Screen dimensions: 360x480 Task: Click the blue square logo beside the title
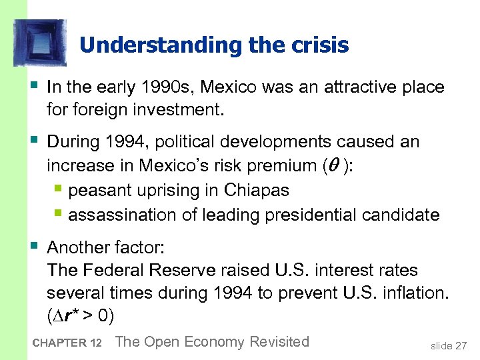pyautogui.click(x=39, y=42)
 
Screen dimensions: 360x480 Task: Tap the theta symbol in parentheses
pyautogui.click(x=333, y=165)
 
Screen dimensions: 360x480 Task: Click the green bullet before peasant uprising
pyautogui.click(x=59, y=191)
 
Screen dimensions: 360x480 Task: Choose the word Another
pyautogui.click(x=78, y=248)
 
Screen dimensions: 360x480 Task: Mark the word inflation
pyautogui.click(x=413, y=293)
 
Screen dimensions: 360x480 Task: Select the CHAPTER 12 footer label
pyautogui.click(x=66, y=343)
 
